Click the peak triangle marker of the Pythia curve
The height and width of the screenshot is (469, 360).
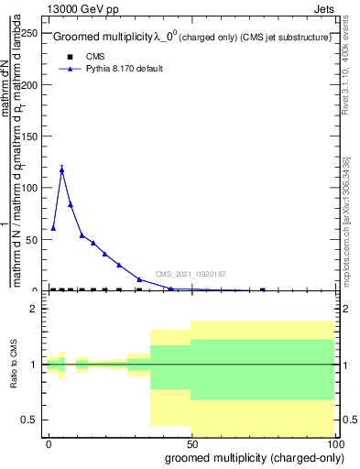point(61,169)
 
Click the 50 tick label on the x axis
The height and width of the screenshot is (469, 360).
point(191,443)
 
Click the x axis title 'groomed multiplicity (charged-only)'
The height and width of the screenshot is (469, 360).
point(250,457)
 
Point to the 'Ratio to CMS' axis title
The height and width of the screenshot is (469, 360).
point(15,365)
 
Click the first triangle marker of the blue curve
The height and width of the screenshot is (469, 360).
point(53,227)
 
